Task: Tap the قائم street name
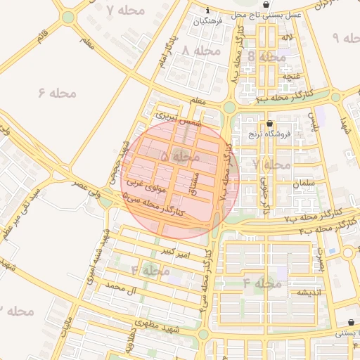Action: pyautogui.click(x=44, y=32)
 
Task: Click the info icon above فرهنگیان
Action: pyautogui.click(x=208, y=10)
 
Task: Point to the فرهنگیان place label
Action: pyautogui.click(x=210, y=22)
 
